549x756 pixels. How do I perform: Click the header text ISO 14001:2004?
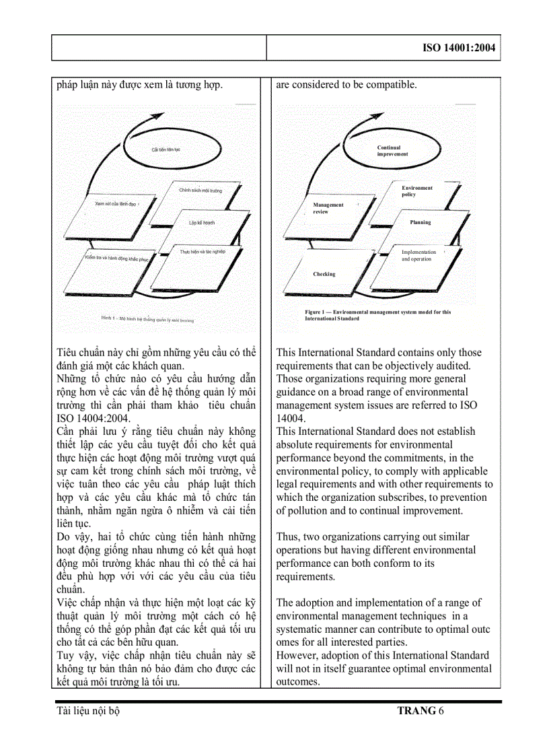click(460, 48)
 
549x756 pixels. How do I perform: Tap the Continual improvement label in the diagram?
click(392, 151)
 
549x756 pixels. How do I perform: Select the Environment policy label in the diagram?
click(417, 191)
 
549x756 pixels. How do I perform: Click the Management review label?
click(328, 208)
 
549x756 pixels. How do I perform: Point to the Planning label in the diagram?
click(420, 222)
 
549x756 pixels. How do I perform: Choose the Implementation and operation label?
click(418, 255)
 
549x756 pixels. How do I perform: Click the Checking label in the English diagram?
click(324, 274)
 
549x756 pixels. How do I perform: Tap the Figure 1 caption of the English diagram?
click(377, 315)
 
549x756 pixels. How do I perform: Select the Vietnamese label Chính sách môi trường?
click(200, 191)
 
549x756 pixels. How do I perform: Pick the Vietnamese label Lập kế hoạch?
click(201, 222)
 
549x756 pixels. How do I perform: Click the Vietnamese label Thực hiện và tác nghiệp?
click(202, 251)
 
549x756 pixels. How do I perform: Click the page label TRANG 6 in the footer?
click(420, 710)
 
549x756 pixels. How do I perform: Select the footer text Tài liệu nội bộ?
click(89, 710)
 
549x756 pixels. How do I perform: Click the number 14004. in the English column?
click(291, 418)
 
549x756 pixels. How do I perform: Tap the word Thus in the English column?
click(287, 537)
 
